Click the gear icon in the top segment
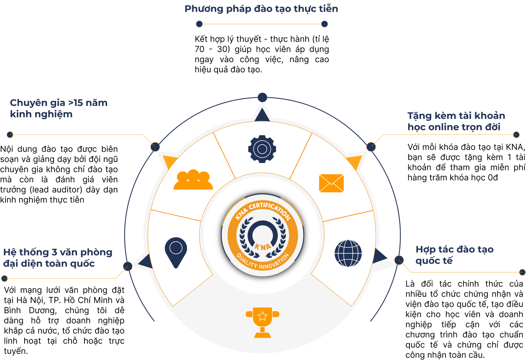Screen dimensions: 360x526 (x=262, y=149)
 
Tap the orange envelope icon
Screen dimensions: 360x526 (x=331, y=183)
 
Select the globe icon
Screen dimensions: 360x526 (x=348, y=253)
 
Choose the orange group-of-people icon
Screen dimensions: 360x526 (x=193, y=180)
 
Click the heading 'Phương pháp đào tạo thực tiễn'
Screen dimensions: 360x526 (x=261, y=9)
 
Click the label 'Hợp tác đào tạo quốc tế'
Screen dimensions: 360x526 (x=454, y=255)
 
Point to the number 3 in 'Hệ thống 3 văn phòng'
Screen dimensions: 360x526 (x=54, y=253)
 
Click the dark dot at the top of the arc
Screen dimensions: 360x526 (x=262, y=97)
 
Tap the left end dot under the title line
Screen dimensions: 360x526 (x=199, y=24)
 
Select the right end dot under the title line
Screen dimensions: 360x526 (x=324, y=24)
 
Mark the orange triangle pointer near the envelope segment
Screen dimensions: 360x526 (x=355, y=162)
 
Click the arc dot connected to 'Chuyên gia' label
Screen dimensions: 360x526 (x=155, y=147)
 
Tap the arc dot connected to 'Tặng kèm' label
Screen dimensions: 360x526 (x=371, y=147)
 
